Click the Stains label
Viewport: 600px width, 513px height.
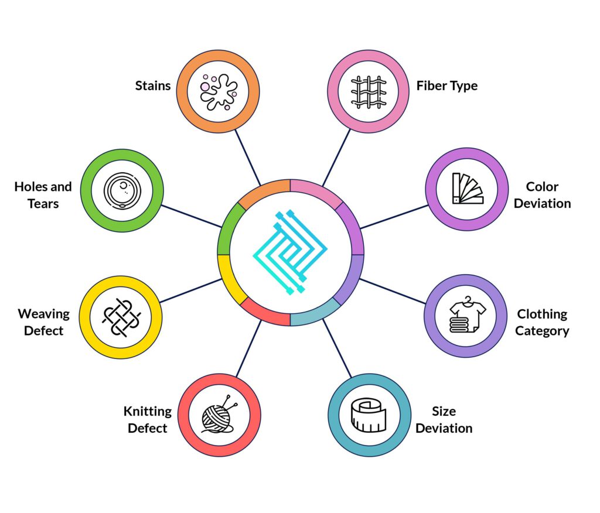(x=153, y=85)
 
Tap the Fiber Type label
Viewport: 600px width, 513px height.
(x=447, y=86)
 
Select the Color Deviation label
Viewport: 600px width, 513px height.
(x=542, y=195)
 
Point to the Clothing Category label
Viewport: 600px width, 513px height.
(x=542, y=323)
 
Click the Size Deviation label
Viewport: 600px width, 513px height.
(x=444, y=420)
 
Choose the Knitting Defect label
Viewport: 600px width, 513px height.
(x=147, y=420)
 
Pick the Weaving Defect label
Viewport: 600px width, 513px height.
(x=43, y=322)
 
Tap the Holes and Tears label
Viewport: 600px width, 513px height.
(x=43, y=195)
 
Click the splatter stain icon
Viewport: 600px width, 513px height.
(x=219, y=92)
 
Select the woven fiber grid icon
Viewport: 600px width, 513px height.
(x=369, y=92)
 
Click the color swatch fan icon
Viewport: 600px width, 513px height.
(x=468, y=189)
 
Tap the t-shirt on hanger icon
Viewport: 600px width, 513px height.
(x=467, y=314)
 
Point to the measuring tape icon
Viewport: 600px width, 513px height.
(x=369, y=415)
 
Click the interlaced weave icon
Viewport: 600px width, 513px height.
(x=121, y=318)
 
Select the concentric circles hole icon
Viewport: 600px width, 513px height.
(x=122, y=190)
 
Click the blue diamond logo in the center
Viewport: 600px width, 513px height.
(x=290, y=252)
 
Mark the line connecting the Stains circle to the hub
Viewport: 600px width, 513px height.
(x=248, y=157)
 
